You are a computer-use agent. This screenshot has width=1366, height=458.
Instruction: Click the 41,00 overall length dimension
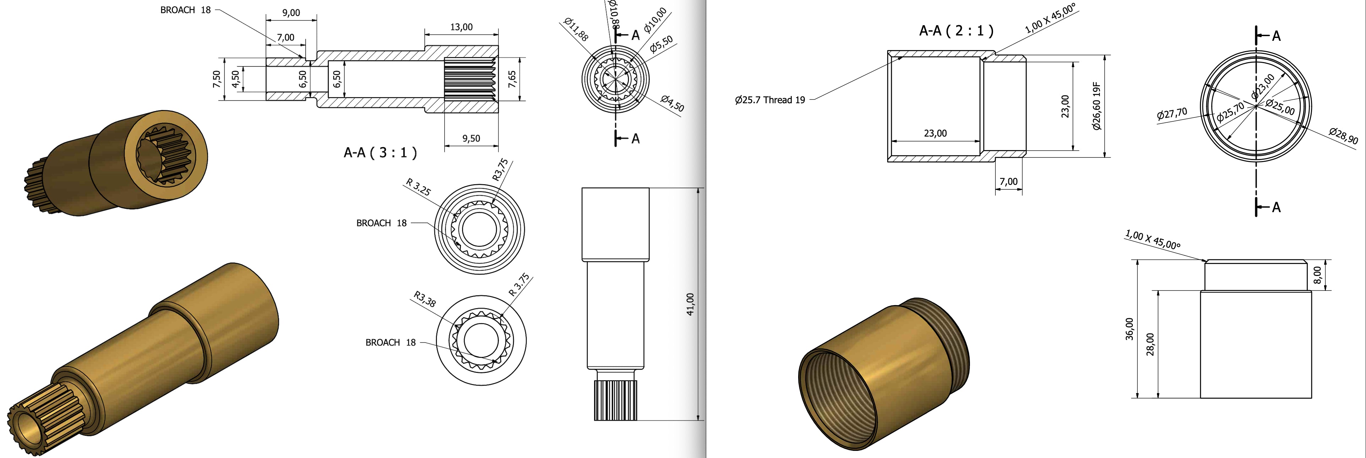pyautogui.click(x=690, y=304)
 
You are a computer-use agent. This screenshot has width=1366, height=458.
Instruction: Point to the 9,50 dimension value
pyautogui.click(x=471, y=138)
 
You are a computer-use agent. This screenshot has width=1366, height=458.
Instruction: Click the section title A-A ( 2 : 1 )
pyautogui.click(x=956, y=31)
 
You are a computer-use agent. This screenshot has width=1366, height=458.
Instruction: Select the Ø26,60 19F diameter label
pyautogui.click(x=1097, y=106)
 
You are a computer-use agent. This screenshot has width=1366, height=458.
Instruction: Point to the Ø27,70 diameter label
pyautogui.click(x=1172, y=114)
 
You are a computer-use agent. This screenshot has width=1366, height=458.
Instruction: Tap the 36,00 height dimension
pyautogui.click(x=1130, y=329)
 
